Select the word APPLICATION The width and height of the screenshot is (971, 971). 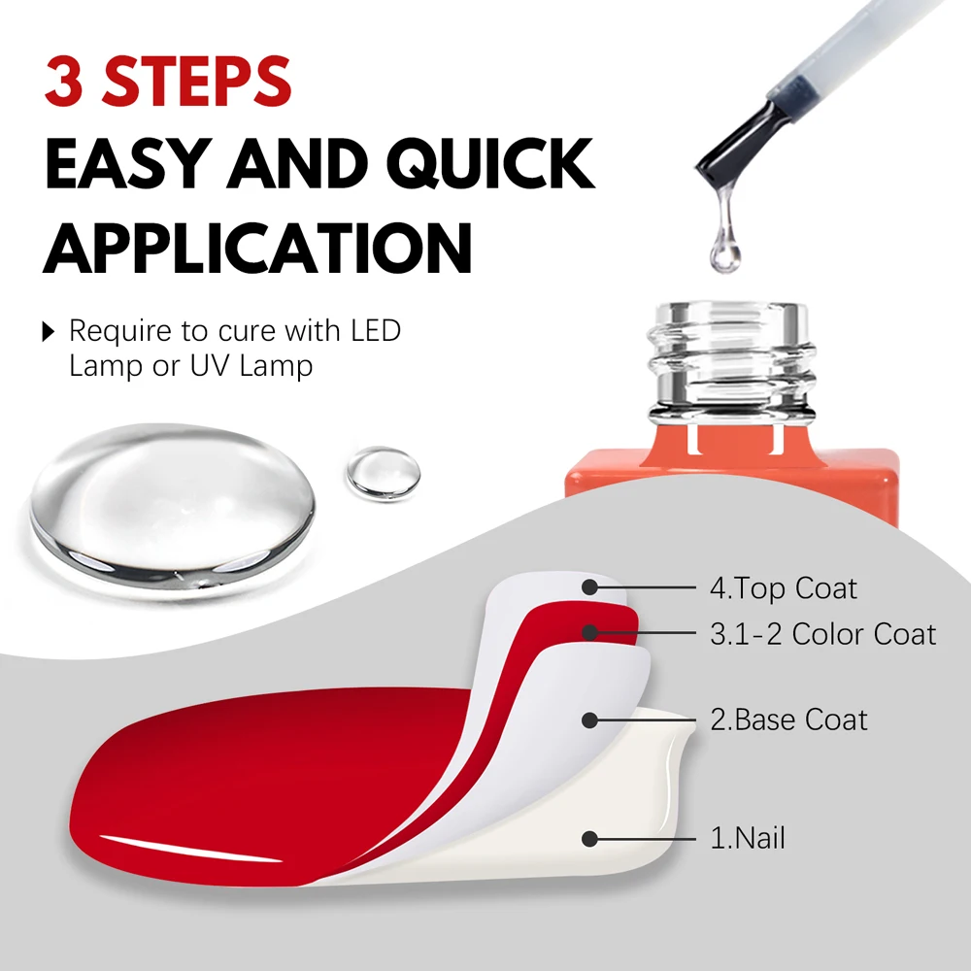click(x=256, y=247)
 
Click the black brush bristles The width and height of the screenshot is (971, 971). click(x=733, y=146)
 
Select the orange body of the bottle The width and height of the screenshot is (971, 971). click(x=728, y=481)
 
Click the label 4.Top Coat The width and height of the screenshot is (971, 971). click(x=783, y=587)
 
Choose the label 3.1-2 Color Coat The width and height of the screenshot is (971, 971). click(x=822, y=634)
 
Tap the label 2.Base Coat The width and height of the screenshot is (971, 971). click(x=788, y=720)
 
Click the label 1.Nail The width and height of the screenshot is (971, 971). click(x=747, y=838)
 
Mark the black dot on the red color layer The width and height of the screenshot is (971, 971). click(x=588, y=632)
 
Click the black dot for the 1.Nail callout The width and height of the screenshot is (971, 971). click(x=588, y=838)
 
